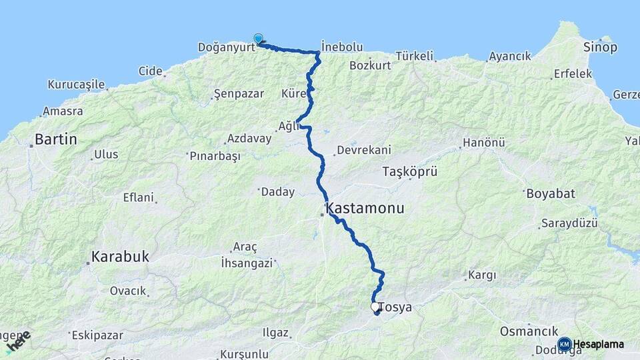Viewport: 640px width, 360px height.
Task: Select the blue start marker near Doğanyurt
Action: [258, 39]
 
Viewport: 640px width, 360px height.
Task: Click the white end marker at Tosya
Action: [375, 307]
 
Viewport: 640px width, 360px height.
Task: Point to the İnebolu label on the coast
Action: [342, 47]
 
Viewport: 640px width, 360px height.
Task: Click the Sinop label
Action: [600, 47]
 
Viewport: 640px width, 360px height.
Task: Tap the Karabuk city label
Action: [120, 257]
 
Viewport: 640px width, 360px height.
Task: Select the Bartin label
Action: [56, 140]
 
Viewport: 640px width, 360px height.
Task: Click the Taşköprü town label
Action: [409, 171]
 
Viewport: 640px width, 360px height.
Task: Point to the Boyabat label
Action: [550, 194]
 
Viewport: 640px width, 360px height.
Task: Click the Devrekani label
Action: [363, 150]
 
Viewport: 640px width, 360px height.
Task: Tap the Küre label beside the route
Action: [293, 93]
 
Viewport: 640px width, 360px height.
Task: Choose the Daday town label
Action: [277, 192]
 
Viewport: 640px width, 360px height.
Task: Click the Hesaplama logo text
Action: [599, 344]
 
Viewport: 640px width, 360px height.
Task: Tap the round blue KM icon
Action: [564, 344]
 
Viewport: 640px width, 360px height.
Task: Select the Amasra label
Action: [63, 111]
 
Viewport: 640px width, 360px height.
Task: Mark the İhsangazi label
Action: [247, 263]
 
